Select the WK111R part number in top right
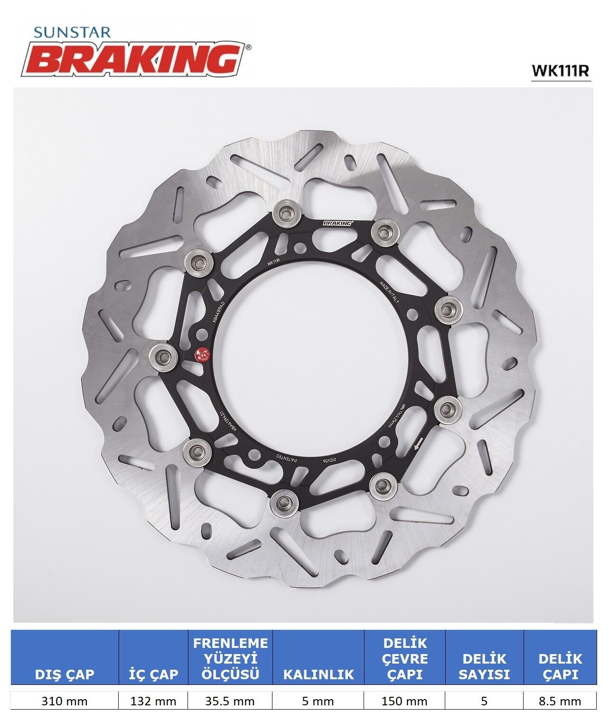point(560,71)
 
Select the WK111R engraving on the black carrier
point(276,262)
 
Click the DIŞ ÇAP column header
point(65,674)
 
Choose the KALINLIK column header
point(319,674)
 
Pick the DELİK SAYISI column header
point(484,666)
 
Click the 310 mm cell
point(65,701)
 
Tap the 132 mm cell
point(153,701)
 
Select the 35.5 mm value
point(230,701)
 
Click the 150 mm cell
point(404,701)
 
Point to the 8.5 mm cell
point(560,701)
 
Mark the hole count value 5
point(484,701)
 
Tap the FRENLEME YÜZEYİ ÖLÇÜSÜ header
point(230,658)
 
